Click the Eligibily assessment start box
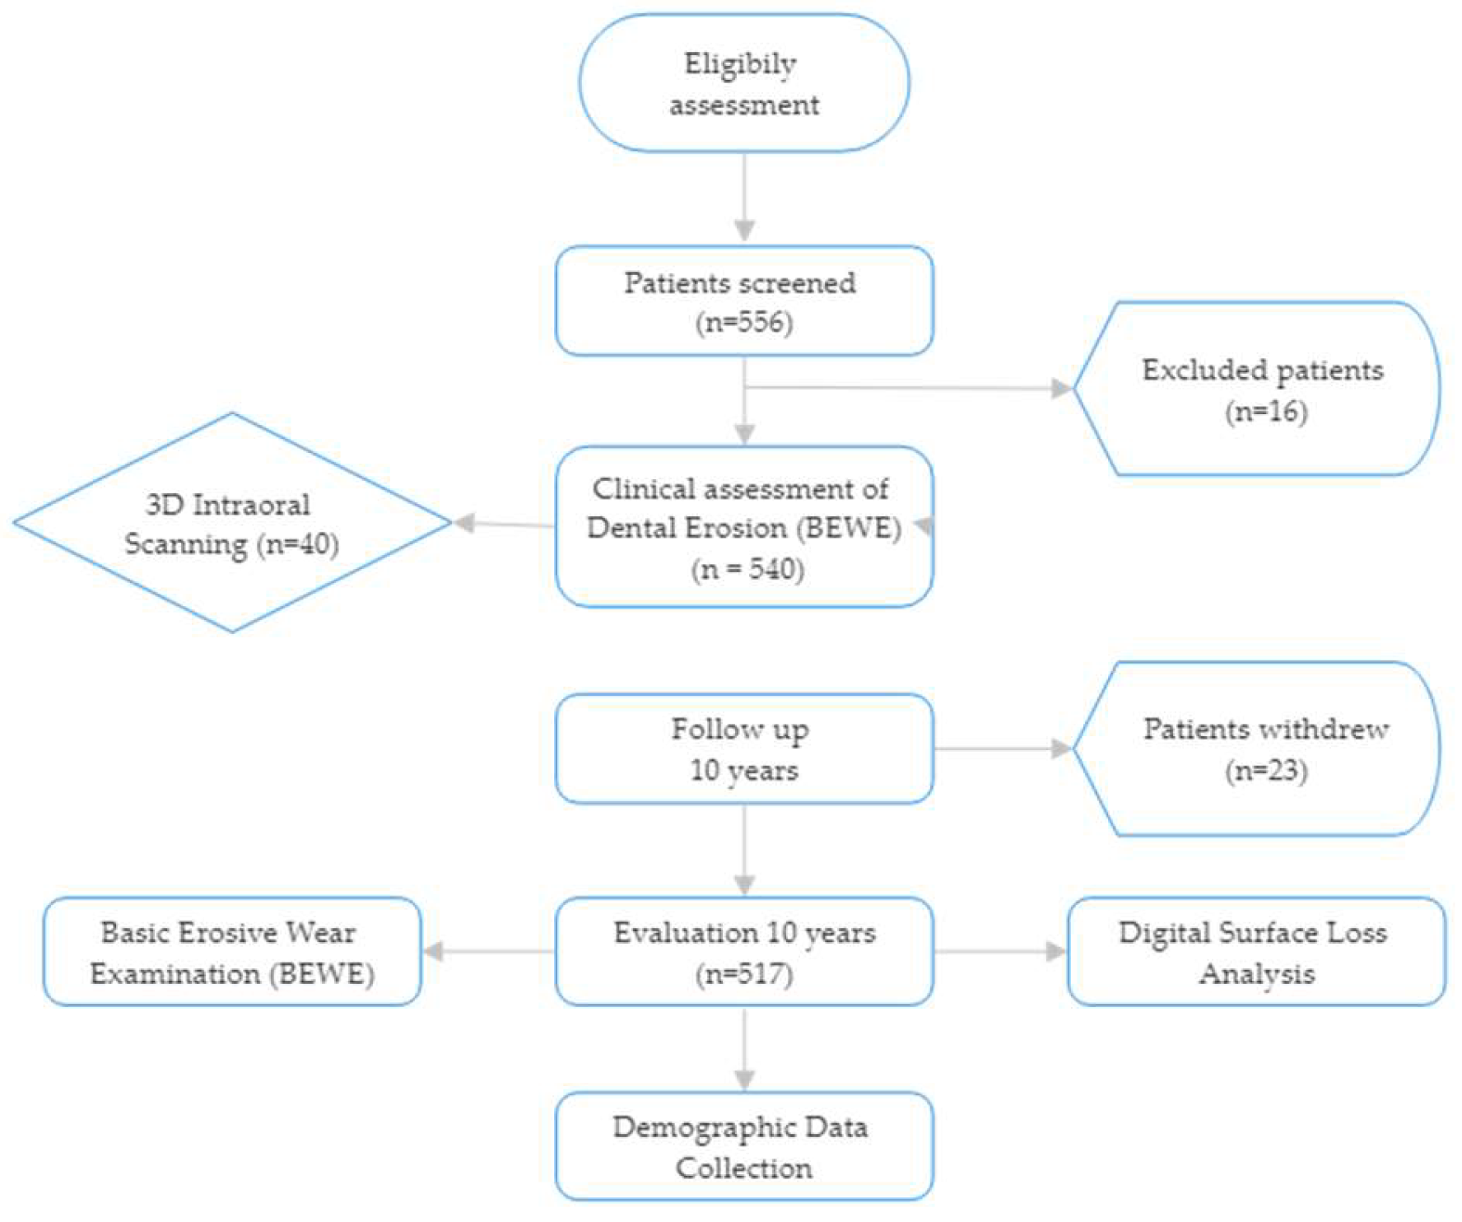click(x=743, y=83)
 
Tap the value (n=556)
click(x=743, y=322)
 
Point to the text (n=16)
click(x=1265, y=411)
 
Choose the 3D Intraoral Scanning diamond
click(x=231, y=522)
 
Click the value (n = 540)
click(x=747, y=569)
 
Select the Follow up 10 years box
click(x=743, y=749)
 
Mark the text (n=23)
click(x=1265, y=772)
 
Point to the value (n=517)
click(x=743, y=974)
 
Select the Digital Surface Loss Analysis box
click(x=1255, y=952)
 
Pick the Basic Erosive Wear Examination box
click(x=231, y=952)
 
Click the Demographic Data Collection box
click(x=743, y=1146)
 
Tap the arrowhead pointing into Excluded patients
click(x=1062, y=388)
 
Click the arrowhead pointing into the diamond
click(x=465, y=522)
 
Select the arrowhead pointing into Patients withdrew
click(x=1062, y=749)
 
